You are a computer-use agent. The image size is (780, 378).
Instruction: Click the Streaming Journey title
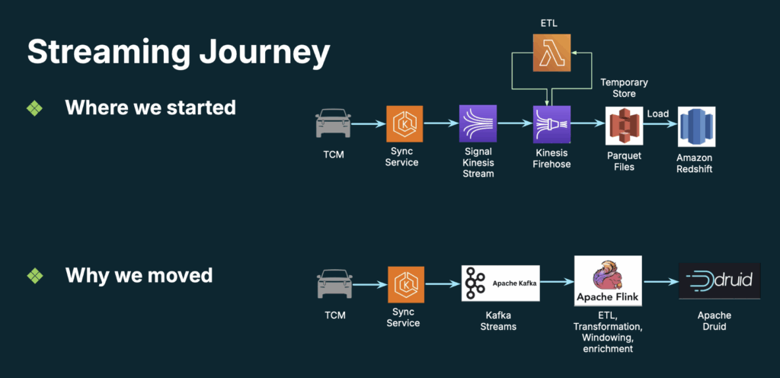pos(178,53)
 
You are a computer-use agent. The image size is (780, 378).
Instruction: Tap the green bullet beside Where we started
pos(35,107)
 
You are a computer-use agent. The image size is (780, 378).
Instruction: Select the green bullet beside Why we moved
pos(35,275)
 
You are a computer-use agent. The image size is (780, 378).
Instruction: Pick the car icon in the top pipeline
pos(333,123)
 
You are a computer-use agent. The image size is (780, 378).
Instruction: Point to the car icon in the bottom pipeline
pos(333,283)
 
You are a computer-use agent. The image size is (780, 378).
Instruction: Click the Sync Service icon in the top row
pos(402,124)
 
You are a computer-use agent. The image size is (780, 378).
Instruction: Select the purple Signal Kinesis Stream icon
pos(478,124)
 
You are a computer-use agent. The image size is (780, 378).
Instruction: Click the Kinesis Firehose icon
pos(551,124)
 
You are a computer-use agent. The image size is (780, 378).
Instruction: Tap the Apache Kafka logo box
pos(500,283)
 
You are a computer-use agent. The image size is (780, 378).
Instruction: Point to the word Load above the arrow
pos(658,114)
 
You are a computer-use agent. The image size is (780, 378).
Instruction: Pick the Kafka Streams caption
pos(500,321)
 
